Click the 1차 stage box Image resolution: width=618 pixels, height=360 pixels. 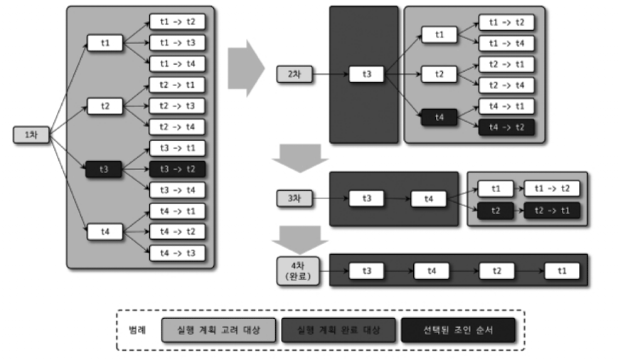coord(30,134)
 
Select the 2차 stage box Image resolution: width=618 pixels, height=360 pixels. coord(294,73)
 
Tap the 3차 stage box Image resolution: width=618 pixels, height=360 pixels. coord(294,198)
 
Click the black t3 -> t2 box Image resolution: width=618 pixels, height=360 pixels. coord(177,169)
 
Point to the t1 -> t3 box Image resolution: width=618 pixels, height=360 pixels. coord(177,43)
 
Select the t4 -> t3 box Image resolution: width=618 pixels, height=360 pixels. coord(177,253)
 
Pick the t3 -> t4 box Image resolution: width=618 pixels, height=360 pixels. coord(177,190)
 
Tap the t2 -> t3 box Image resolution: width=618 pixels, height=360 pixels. coord(177,106)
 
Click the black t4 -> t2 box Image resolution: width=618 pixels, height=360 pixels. coord(506,127)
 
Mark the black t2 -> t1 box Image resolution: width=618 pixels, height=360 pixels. coord(552,211)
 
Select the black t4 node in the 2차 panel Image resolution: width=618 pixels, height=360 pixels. coord(438,116)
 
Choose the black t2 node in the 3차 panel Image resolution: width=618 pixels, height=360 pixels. coord(495,211)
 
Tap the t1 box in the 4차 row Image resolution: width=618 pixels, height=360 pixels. coord(562,270)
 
